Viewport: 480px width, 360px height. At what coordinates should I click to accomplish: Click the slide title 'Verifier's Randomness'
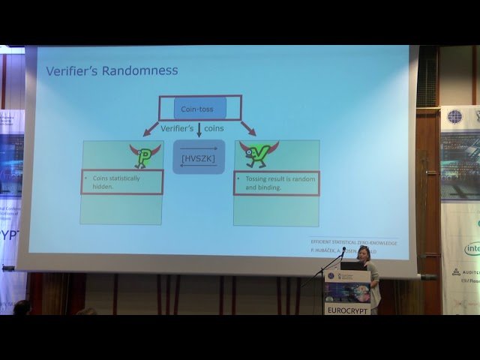pos(112,70)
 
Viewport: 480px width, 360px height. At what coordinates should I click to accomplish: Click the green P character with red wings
pos(145,154)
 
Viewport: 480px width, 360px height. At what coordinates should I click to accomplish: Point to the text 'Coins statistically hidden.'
pos(121,181)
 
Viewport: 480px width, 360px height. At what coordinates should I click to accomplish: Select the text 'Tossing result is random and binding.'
pos(276,182)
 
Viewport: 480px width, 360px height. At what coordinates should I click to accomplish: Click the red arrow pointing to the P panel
pos(151,127)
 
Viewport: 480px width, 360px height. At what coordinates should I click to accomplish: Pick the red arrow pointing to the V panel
pos(248,127)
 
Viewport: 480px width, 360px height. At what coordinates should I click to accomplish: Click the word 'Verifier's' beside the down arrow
pos(178,128)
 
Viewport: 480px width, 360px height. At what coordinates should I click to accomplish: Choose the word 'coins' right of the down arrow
pos(214,128)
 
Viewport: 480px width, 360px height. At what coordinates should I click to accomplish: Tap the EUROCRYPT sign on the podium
pos(346,308)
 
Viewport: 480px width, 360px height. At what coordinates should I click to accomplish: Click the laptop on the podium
pos(352,265)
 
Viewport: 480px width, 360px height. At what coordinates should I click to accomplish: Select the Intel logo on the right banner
pos(472,247)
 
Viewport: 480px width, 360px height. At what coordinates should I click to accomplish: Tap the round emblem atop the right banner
pos(454,116)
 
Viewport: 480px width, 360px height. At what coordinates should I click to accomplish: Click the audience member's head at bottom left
pos(22,307)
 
